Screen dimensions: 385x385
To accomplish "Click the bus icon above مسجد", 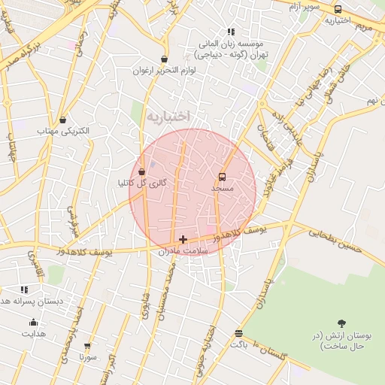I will tap(222, 177).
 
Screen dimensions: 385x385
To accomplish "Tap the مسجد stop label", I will tap(223, 188).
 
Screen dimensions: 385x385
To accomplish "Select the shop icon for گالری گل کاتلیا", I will tap(142, 172).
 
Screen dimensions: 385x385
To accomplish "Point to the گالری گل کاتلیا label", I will tap(142, 183).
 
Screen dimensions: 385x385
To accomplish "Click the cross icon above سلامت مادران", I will tap(183, 239).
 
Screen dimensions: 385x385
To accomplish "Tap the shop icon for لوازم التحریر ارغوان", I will tap(164, 59).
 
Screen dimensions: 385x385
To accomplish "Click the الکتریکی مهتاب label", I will tap(63, 131).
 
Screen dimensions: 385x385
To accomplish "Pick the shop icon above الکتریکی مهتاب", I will tap(62, 120).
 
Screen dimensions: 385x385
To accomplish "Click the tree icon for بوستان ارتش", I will tap(342, 323).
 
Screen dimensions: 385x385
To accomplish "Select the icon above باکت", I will tap(238, 332).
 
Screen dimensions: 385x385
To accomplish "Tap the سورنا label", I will tap(88, 358).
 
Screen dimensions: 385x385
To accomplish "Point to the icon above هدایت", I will tap(33, 322).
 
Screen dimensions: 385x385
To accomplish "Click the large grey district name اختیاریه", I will tap(168, 116).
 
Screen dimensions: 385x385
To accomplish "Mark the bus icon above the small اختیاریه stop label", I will tap(338, 10).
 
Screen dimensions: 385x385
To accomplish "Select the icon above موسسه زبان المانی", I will tap(231, 32).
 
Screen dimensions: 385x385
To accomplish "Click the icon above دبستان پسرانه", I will tap(24, 290).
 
